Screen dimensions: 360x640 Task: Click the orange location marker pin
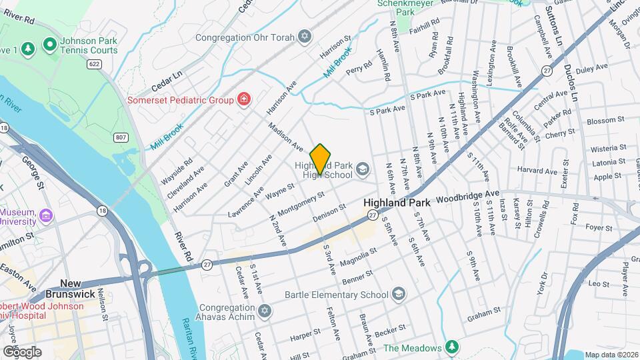tap(321, 159)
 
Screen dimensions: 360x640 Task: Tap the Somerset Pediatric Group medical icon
tap(245, 100)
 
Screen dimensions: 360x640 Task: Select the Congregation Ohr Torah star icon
tap(305, 36)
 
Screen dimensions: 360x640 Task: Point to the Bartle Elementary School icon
tap(398, 294)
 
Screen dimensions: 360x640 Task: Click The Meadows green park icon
tap(452, 348)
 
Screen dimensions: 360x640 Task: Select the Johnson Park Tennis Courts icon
tap(49, 45)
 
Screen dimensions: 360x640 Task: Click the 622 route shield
tap(94, 64)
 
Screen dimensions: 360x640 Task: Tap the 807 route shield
tap(121, 137)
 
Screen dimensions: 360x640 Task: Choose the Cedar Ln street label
tap(166, 78)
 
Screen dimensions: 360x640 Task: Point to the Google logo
tap(22, 352)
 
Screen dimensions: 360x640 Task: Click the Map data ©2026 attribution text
tap(610, 355)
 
